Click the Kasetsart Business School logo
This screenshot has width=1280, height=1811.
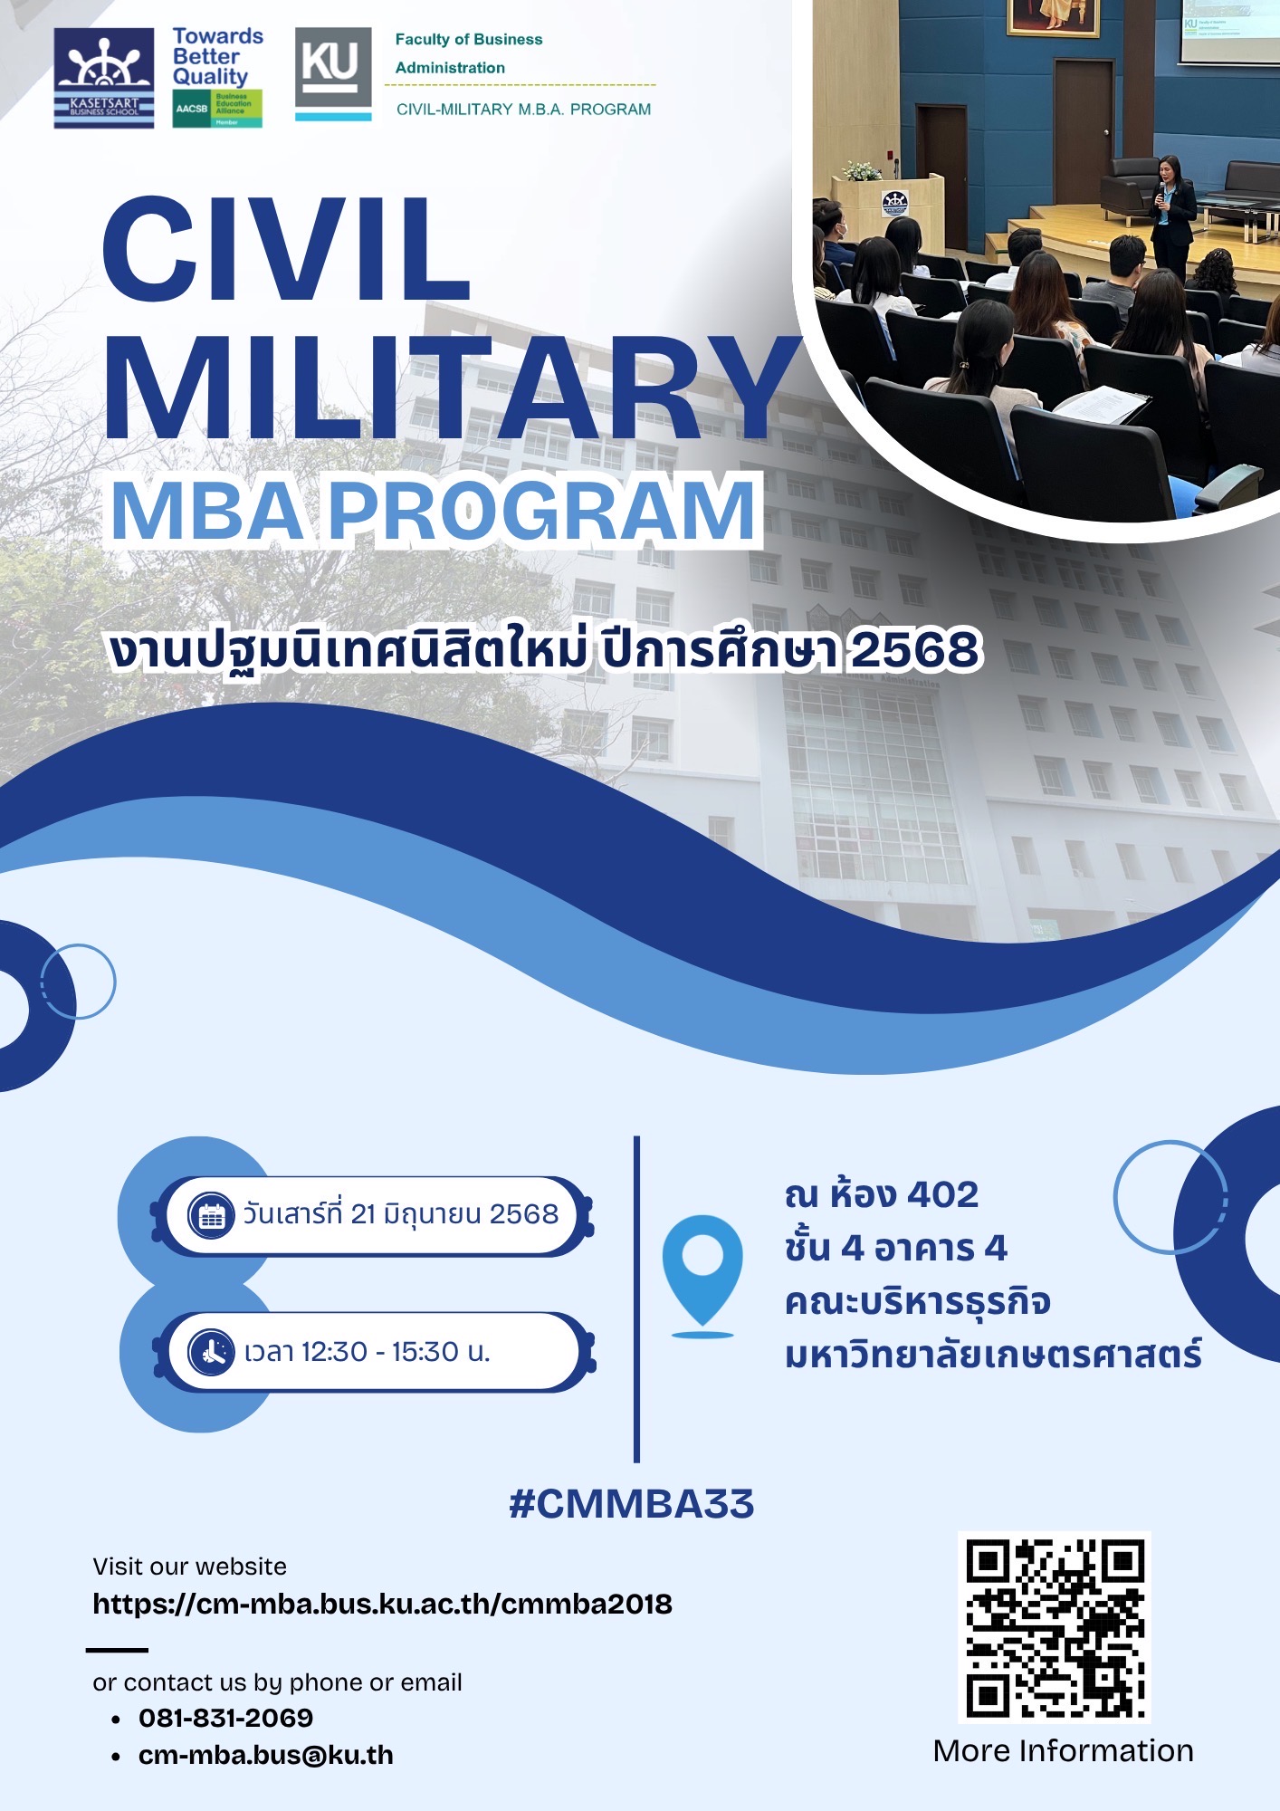coord(103,78)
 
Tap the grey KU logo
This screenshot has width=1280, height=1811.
coord(333,73)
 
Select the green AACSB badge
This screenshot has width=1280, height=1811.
coord(217,109)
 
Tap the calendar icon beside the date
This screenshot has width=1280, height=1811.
coord(212,1215)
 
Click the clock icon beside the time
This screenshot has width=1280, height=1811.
coord(212,1352)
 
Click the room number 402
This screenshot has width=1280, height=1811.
coord(942,1195)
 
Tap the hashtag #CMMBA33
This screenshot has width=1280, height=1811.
coord(631,1504)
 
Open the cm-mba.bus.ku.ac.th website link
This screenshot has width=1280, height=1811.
coord(382,1604)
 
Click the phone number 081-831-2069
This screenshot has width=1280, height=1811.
coord(225,1718)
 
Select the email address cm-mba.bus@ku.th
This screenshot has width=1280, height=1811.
coord(265,1755)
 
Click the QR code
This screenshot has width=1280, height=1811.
coord(1054,1627)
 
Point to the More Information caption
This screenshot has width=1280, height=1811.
coord(1063,1750)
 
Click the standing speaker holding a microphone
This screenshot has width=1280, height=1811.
coord(1172,214)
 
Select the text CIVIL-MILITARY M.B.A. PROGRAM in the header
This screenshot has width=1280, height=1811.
coord(523,110)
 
